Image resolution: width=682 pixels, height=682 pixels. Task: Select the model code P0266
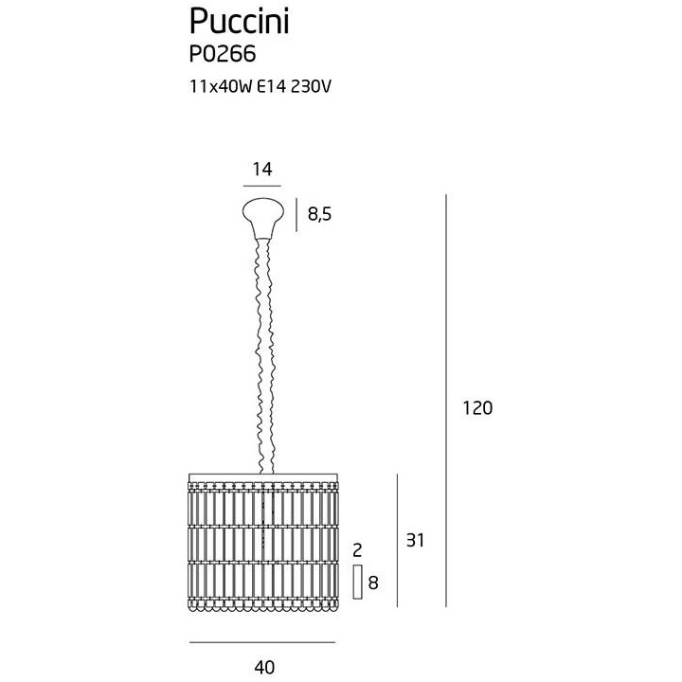pyautogui.click(x=223, y=54)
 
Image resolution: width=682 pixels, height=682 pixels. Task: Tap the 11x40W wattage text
pyautogui.click(x=221, y=86)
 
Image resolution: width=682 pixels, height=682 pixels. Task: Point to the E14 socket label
pyautogui.click(x=272, y=86)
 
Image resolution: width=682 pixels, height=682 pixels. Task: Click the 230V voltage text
pyautogui.click(x=311, y=86)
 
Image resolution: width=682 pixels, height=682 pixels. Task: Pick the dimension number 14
pyautogui.click(x=262, y=169)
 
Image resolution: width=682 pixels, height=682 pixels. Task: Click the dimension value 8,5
pyautogui.click(x=320, y=214)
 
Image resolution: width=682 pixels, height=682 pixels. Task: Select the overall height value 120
pyautogui.click(x=477, y=408)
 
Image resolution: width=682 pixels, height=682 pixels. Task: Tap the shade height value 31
pyautogui.click(x=415, y=540)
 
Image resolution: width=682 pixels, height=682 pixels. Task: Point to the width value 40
pyautogui.click(x=264, y=667)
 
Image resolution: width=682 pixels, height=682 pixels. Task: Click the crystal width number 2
pyautogui.click(x=357, y=550)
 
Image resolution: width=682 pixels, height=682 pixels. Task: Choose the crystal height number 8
pyautogui.click(x=373, y=583)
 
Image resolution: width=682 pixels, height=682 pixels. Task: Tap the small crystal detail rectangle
pyautogui.click(x=357, y=582)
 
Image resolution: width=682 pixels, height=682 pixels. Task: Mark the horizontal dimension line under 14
pyautogui.click(x=262, y=186)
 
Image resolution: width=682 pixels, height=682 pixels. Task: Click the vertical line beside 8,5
pyautogui.click(x=296, y=215)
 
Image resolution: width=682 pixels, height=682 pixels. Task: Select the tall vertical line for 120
pyautogui.click(x=446, y=401)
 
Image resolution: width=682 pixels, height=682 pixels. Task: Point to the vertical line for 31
pyautogui.click(x=397, y=541)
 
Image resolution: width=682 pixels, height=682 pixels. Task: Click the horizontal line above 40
pyautogui.click(x=262, y=642)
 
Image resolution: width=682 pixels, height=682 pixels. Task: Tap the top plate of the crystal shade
pyautogui.click(x=263, y=477)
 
